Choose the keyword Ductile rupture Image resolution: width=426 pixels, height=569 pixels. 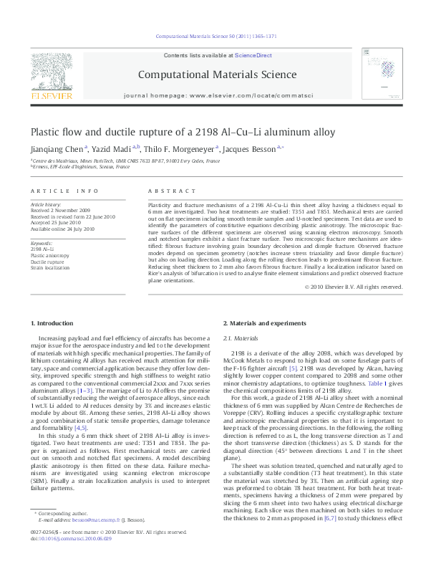(x=45, y=262)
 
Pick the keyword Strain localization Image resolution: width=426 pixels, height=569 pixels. (x=48, y=268)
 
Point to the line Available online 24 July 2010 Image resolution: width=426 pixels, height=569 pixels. (x=62, y=229)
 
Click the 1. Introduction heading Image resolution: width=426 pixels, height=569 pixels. (x=54, y=324)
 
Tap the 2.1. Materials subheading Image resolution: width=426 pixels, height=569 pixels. (x=241, y=338)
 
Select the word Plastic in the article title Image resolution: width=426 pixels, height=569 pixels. (x=44, y=132)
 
